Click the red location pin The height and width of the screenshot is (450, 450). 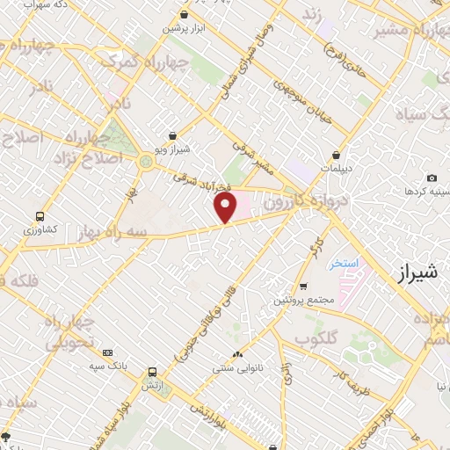[226, 208]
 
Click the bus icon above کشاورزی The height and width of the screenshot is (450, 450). [40, 216]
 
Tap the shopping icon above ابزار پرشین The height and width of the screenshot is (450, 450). [184, 15]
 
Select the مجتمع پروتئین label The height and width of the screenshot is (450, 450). [304, 300]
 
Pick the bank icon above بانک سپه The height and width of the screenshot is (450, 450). [108, 352]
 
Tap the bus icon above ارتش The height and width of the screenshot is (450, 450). [154, 373]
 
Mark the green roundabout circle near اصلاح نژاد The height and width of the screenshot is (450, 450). [145, 160]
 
